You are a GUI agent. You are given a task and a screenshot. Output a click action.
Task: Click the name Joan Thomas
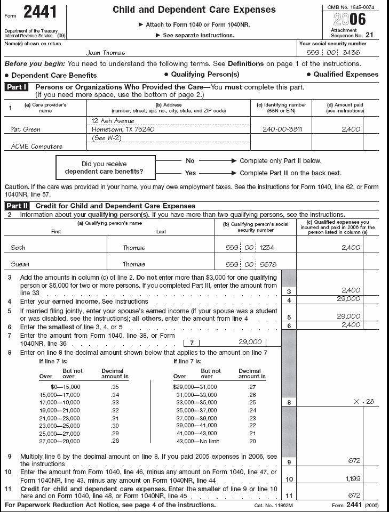[x=106, y=53]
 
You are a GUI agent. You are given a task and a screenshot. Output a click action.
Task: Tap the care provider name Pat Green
[x=25, y=129]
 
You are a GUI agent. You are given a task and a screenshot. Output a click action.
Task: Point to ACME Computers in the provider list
[x=37, y=147]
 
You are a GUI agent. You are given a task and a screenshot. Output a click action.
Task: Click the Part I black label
[x=18, y=87]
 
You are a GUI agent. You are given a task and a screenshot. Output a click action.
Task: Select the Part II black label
[x=18, y=206]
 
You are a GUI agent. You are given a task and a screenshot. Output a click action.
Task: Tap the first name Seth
[x=18, y=248]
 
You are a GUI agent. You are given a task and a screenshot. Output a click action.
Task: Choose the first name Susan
[x=20, y=264]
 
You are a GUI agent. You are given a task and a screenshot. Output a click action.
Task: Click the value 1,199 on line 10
[x=353, y=479]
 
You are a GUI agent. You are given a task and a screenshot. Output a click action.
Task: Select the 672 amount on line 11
[x=354, y=495]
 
